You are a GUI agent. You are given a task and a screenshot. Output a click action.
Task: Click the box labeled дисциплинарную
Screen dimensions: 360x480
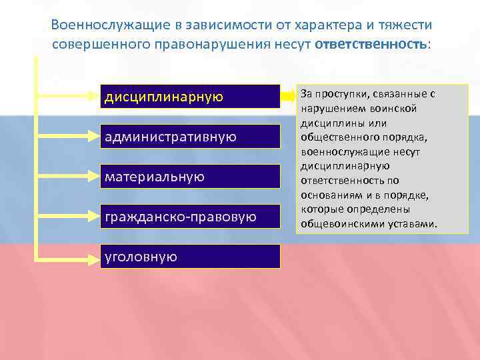tap(190, 97)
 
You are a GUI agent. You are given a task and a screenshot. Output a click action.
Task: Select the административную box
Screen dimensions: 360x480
tap(190, 137)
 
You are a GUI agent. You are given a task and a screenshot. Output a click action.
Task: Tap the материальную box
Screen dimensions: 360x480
tap(190, 177)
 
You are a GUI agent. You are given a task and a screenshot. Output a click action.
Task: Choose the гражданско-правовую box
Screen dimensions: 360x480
tap(190, 217)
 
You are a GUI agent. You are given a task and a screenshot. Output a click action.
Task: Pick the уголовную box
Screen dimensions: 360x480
tap(190, 257)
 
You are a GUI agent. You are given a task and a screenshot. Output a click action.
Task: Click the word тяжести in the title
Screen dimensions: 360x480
tap(406, 25)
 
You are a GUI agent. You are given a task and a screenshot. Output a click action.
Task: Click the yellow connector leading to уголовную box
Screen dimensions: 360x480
tap(67, 257)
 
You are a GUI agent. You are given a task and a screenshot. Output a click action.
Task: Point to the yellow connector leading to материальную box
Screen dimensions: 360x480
tap(67, 177)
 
